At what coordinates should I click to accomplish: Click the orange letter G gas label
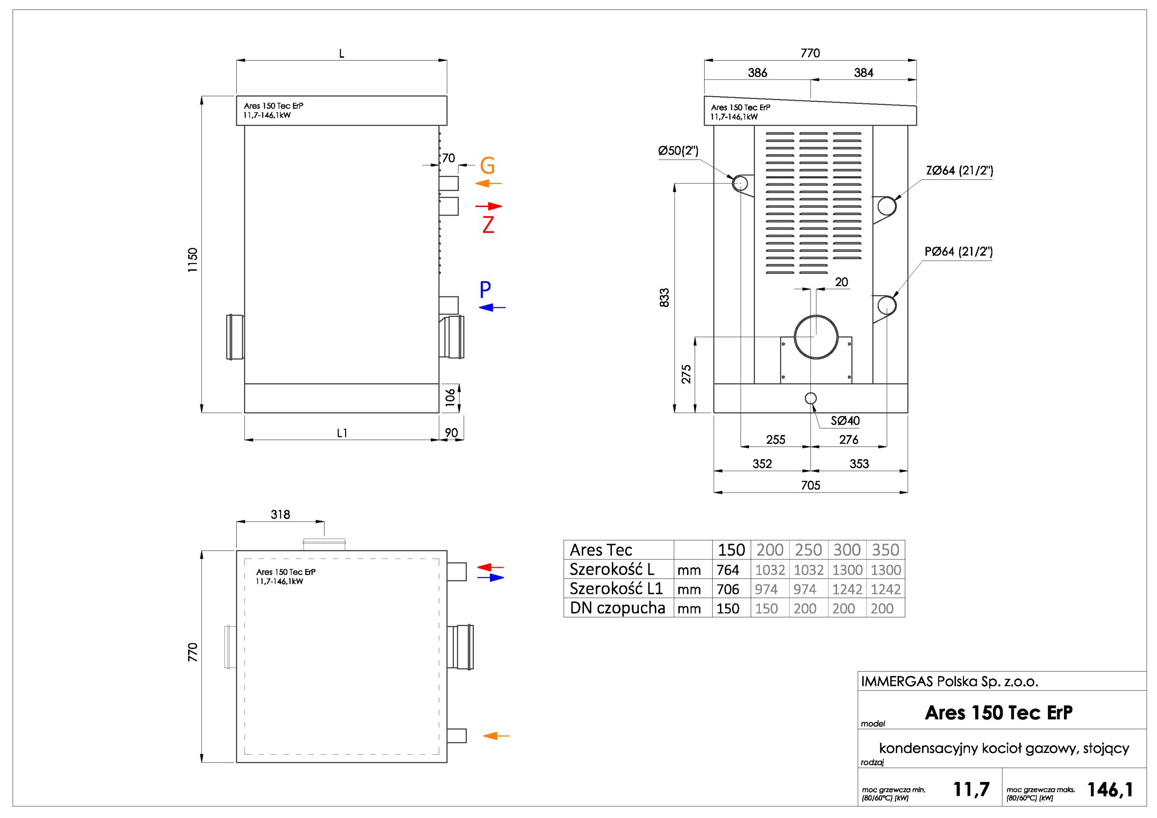[x=487, y=165]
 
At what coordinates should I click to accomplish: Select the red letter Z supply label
[x=488, y=225]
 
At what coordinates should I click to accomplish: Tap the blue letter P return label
[x=485, y=290]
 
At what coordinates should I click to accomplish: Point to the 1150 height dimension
[x=193, y=259]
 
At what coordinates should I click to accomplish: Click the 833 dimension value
[x=665, y=297]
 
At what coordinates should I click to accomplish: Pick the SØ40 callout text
[x=845, y=420]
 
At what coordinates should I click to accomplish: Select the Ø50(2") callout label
[x=678, y=150]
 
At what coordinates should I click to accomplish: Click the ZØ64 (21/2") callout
[x=959, y=170]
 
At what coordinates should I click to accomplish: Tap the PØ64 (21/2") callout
[x=959, y=251]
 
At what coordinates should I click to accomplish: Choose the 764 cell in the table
[x=728, y=570]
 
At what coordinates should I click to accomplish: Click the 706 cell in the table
[x=728, y=589]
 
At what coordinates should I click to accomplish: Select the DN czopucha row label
[x=617, y=608]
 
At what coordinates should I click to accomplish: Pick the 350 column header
[x=885, y=550]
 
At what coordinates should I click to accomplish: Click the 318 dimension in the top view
[x=280, y=514]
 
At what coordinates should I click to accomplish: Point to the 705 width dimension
[x=810, y=485]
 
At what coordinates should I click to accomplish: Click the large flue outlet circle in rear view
[x=816, y=337]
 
